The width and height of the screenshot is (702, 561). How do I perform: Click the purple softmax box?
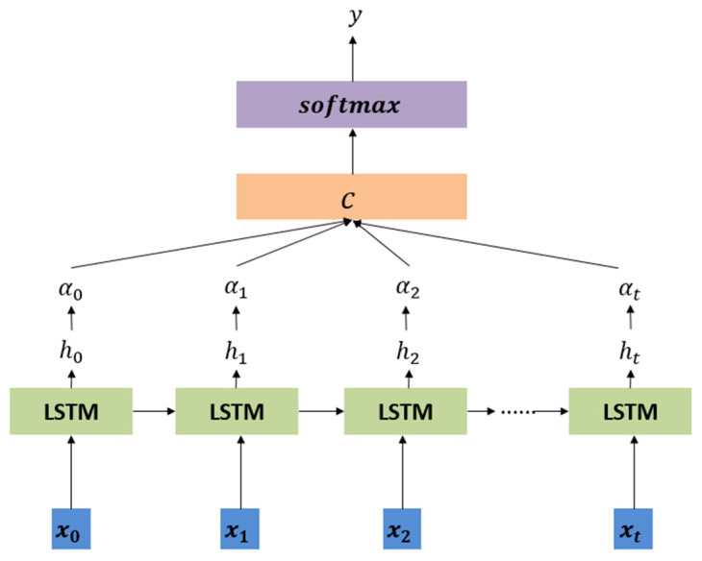point(351,104)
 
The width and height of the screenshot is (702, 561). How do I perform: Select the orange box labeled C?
point(351,196)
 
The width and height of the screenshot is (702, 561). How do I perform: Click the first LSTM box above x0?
point(68,412)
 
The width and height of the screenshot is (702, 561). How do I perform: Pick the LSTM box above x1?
point(237,412)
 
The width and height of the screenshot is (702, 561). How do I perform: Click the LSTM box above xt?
point(630,412)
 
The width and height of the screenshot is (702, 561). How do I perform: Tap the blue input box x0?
point(69,529)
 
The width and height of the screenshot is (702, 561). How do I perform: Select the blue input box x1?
point(237,529)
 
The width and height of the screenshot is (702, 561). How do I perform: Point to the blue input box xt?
point(631,529)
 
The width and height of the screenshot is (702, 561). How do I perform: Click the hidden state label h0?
point(69,353)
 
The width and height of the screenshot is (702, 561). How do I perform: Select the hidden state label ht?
point(631,353)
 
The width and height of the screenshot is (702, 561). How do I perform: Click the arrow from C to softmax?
point(352,151)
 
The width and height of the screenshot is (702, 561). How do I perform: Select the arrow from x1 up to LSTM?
point(237,472)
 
